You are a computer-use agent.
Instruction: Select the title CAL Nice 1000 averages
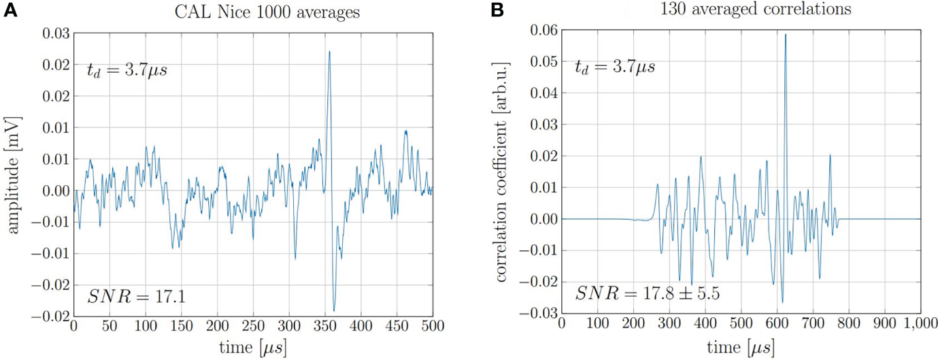(x=253, y=12)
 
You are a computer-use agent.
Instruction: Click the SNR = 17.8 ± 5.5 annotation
(x=648, y=293)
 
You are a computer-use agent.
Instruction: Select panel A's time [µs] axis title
(x=252, y=346)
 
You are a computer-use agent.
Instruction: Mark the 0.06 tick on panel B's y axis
(x=542, y=30)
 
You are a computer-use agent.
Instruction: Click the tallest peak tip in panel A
(x=329, y=52)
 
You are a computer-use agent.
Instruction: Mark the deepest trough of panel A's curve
(x=334, y=310)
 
